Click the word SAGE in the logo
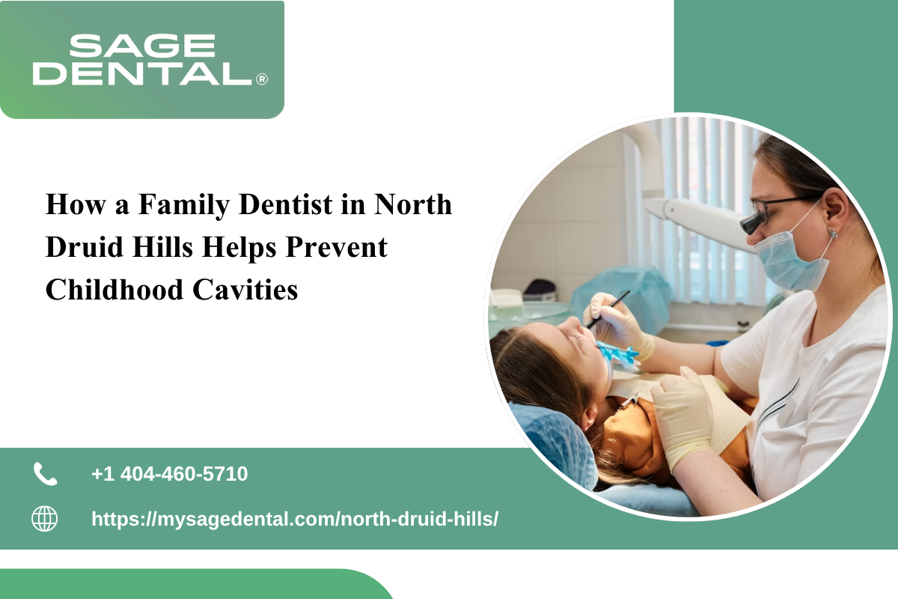142,46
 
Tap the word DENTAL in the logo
142,73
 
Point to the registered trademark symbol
262,79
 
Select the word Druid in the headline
85,247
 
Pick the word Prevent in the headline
336,248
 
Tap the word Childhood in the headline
114,290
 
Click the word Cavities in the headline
245,290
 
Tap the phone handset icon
45,474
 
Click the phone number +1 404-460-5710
170,474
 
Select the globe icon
44,519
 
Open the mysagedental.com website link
295,519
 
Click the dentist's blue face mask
792,257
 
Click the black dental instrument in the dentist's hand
607,309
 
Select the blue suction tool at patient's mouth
618,353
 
